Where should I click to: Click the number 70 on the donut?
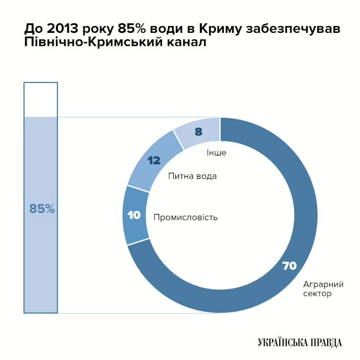click(x=289, y=266)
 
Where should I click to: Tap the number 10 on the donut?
click(x=134, y=214)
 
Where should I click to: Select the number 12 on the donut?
click(x=153, y=161)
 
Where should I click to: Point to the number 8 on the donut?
click(x=198, y=132)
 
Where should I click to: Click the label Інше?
click(x=217, y=153)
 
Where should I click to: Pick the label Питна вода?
click(x=193, y=176)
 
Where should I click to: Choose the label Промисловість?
click(x=185, y=217)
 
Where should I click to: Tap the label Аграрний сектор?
click(x=323, y=289)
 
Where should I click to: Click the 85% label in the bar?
click(x=42, y=209)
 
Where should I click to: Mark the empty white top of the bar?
click(x=41, y=100)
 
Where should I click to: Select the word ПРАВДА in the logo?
click(x=325, y=342)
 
